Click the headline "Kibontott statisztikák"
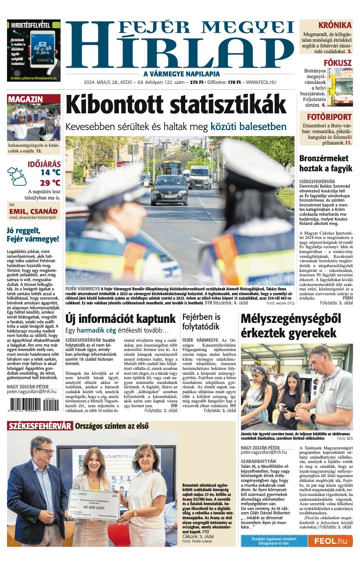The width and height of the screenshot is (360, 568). [x=176, y=105]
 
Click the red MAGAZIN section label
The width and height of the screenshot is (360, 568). [x=25, y=99]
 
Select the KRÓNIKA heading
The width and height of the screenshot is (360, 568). [x=335, y=25]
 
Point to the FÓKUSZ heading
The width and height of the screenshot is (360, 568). [x=337, y=63]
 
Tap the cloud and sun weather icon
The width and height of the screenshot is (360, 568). [x=17, y=176]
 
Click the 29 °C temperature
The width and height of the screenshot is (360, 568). [x=50, y=183]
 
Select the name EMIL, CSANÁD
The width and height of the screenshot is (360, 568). [x=33, y=211]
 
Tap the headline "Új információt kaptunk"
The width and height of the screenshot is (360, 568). [x=120, y=318]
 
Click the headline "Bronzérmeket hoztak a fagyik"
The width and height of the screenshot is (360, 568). [x=325, y=163]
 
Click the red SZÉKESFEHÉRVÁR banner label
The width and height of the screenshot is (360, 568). [x=40, y=426]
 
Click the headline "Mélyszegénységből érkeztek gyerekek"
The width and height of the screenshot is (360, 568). [x=291, y=326]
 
